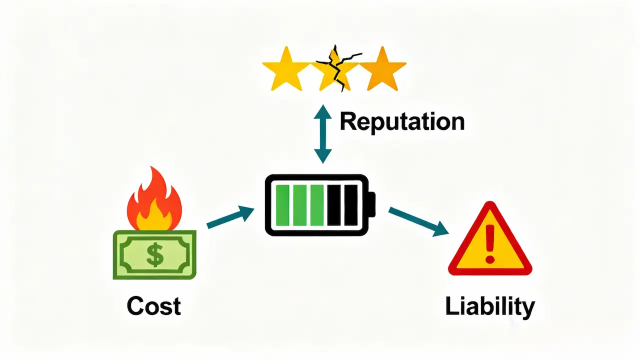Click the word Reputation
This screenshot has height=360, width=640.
point(402,122)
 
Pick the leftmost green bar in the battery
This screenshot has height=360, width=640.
point(282,205)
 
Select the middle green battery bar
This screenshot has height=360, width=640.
point(300,205)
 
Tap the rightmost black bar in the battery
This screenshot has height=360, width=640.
point(351,205)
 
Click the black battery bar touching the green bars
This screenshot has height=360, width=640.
point(334,205)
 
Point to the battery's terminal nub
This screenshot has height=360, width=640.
point(372,204)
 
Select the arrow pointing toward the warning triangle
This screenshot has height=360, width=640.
point(418,221)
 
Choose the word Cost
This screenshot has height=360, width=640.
point(153,305)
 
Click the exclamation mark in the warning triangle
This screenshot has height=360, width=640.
point(489,244)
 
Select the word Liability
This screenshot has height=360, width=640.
point(489,306)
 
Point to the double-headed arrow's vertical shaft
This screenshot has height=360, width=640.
point(322,133)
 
